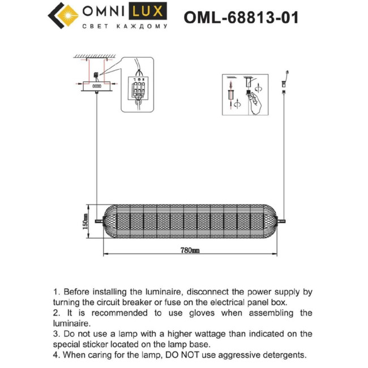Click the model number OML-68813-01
click(241, 17)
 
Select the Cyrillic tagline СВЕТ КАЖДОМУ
click(125, 27)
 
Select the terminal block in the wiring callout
click(138, 88)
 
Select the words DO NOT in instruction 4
click(178, 355)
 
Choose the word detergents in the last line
click(283, 355)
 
